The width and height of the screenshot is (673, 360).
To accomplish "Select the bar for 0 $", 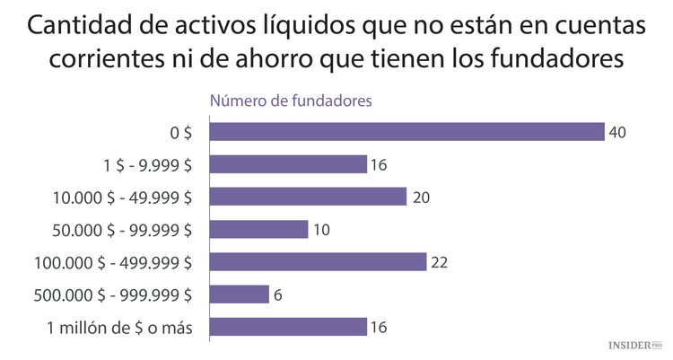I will pyautogui.click(x=406, y=132).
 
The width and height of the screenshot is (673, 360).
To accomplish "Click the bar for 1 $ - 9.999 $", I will pyautogui.click(x=288, y=164).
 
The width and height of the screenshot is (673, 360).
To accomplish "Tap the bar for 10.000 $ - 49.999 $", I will pyautogui.click(x=308, y=197).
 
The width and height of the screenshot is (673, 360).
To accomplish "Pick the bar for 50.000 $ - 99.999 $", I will pyautogui.click(x=258, y=229).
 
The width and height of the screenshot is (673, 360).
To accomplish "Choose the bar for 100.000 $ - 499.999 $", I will pyautogui.click(x=318, y=261).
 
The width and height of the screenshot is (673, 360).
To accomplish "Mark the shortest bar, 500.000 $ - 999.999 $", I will pyautogui.click(x=239, y=294).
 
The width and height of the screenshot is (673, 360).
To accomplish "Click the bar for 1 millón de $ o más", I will pyautogui.click(x=288, y=326).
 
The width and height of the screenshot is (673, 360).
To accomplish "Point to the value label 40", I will pyautogui.click(x=616, y=133).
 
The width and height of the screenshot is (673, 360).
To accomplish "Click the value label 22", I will pyautogui.click(x=439, y=262).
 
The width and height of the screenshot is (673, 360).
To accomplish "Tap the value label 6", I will pyautogui.click(x=278, y=294).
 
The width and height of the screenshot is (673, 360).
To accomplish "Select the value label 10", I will pyautogui.click(x=321, y=230).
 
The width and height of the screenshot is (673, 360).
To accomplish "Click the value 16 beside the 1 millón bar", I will pyautogui.click(x=380, y=327).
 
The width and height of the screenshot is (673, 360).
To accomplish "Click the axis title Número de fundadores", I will pyautogui.click(x=291, y=101).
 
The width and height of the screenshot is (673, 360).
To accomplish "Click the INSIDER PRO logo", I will pyautogui.click(x=633, y=345).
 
